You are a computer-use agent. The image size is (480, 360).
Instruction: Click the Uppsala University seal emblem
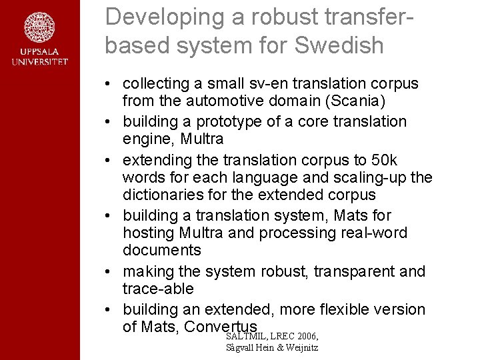coord(39,27)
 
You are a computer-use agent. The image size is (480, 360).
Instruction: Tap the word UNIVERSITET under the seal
coord(39,62)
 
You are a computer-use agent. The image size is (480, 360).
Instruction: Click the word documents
coord(162,250)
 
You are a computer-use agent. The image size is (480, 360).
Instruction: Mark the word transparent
coord(349,271)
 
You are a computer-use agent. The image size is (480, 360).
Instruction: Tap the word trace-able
coord(158,289)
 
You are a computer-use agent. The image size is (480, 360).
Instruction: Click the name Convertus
coord(221,327)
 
